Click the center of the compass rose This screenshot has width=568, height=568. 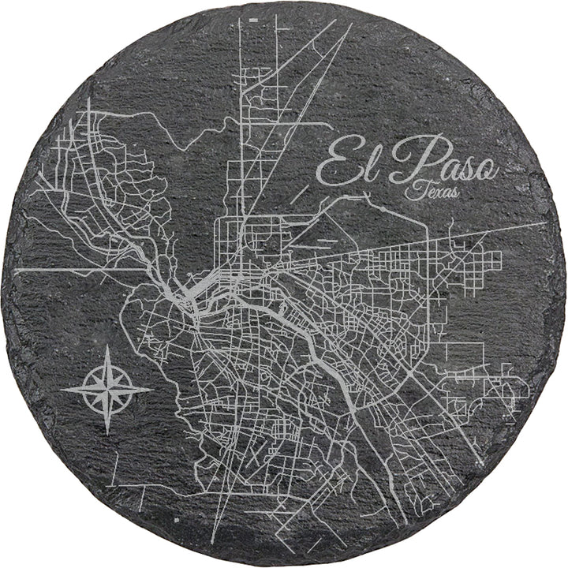(107, 388)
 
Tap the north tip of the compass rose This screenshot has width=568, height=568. (107, 345)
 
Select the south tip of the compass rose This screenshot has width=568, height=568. (107, 433)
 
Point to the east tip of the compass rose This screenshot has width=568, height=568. (153, 388)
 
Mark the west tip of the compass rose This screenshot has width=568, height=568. (62, 389)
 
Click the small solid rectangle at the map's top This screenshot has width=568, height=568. (252, 17)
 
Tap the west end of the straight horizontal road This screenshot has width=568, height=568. (16, 269)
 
